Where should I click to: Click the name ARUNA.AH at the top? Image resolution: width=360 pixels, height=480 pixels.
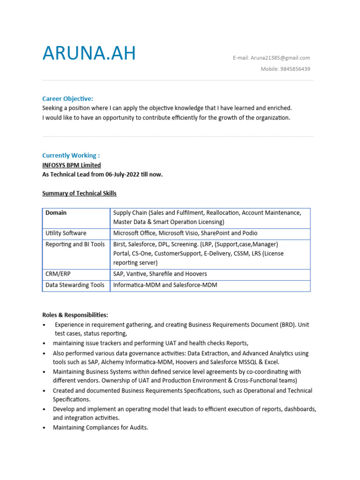[89, 53]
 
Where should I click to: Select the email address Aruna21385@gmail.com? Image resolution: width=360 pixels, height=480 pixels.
[280, 58]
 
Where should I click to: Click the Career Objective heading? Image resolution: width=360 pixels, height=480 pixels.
[67, 98]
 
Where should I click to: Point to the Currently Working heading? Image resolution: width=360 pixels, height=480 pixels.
[71, 155]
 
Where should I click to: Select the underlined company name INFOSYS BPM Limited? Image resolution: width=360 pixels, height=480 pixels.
[71, 165]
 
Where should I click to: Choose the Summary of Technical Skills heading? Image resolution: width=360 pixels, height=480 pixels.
[79, 193]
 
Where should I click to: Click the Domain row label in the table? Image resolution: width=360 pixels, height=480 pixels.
[56, 213]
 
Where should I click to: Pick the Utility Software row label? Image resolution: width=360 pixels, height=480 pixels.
[66, 233]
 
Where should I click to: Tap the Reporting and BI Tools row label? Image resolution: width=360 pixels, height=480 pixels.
[75, 244]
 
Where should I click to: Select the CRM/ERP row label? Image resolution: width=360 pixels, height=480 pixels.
[58, 274]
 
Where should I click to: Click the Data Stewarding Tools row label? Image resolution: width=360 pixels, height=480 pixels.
[75, 285]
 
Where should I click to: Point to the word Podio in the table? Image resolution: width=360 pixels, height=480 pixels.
[249, 233]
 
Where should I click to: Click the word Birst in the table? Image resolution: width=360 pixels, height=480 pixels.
[120, 244]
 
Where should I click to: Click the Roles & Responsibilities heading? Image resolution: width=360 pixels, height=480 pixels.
[75, 315]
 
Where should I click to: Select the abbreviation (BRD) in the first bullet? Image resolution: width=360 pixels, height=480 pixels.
[289, 324]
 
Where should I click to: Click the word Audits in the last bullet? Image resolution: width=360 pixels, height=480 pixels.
[138, 427]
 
